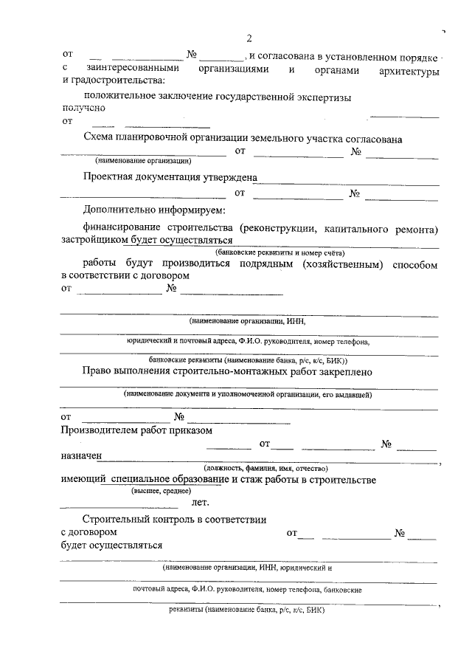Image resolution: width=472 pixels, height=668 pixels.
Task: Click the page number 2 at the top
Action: (249, 38)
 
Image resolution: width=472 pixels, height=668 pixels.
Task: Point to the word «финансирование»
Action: (122, 229)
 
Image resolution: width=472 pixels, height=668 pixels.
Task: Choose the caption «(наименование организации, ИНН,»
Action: (246, 321)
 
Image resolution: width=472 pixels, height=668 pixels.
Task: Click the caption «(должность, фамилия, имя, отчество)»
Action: (265, 468)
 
